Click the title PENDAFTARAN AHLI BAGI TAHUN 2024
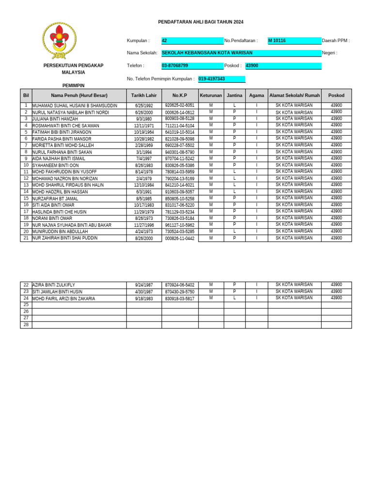(x=201, y=22)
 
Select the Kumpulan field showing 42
(x=192, y=41)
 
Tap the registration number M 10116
(x=294, y=41)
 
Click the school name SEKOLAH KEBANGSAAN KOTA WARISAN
(x=241, y=53)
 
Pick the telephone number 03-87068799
(x=192, y=65)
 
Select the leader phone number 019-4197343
(x=221, y=79)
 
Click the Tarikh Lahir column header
(x=144, y=95)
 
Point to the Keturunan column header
(x=211, y=95)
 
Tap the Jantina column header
(x=234, y=95)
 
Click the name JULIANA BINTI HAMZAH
(x=55, y=119)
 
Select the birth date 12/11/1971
(x=144, y=125)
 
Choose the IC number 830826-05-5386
(x=180, y=165)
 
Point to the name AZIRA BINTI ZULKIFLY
(x=54, y=285)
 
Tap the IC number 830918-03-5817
(x=180, y=298)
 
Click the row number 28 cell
(x=26, y=325)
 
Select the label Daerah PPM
(x=336, y=41)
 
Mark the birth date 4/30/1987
(x=144, y=292)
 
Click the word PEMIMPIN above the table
(x=73, y=86)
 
